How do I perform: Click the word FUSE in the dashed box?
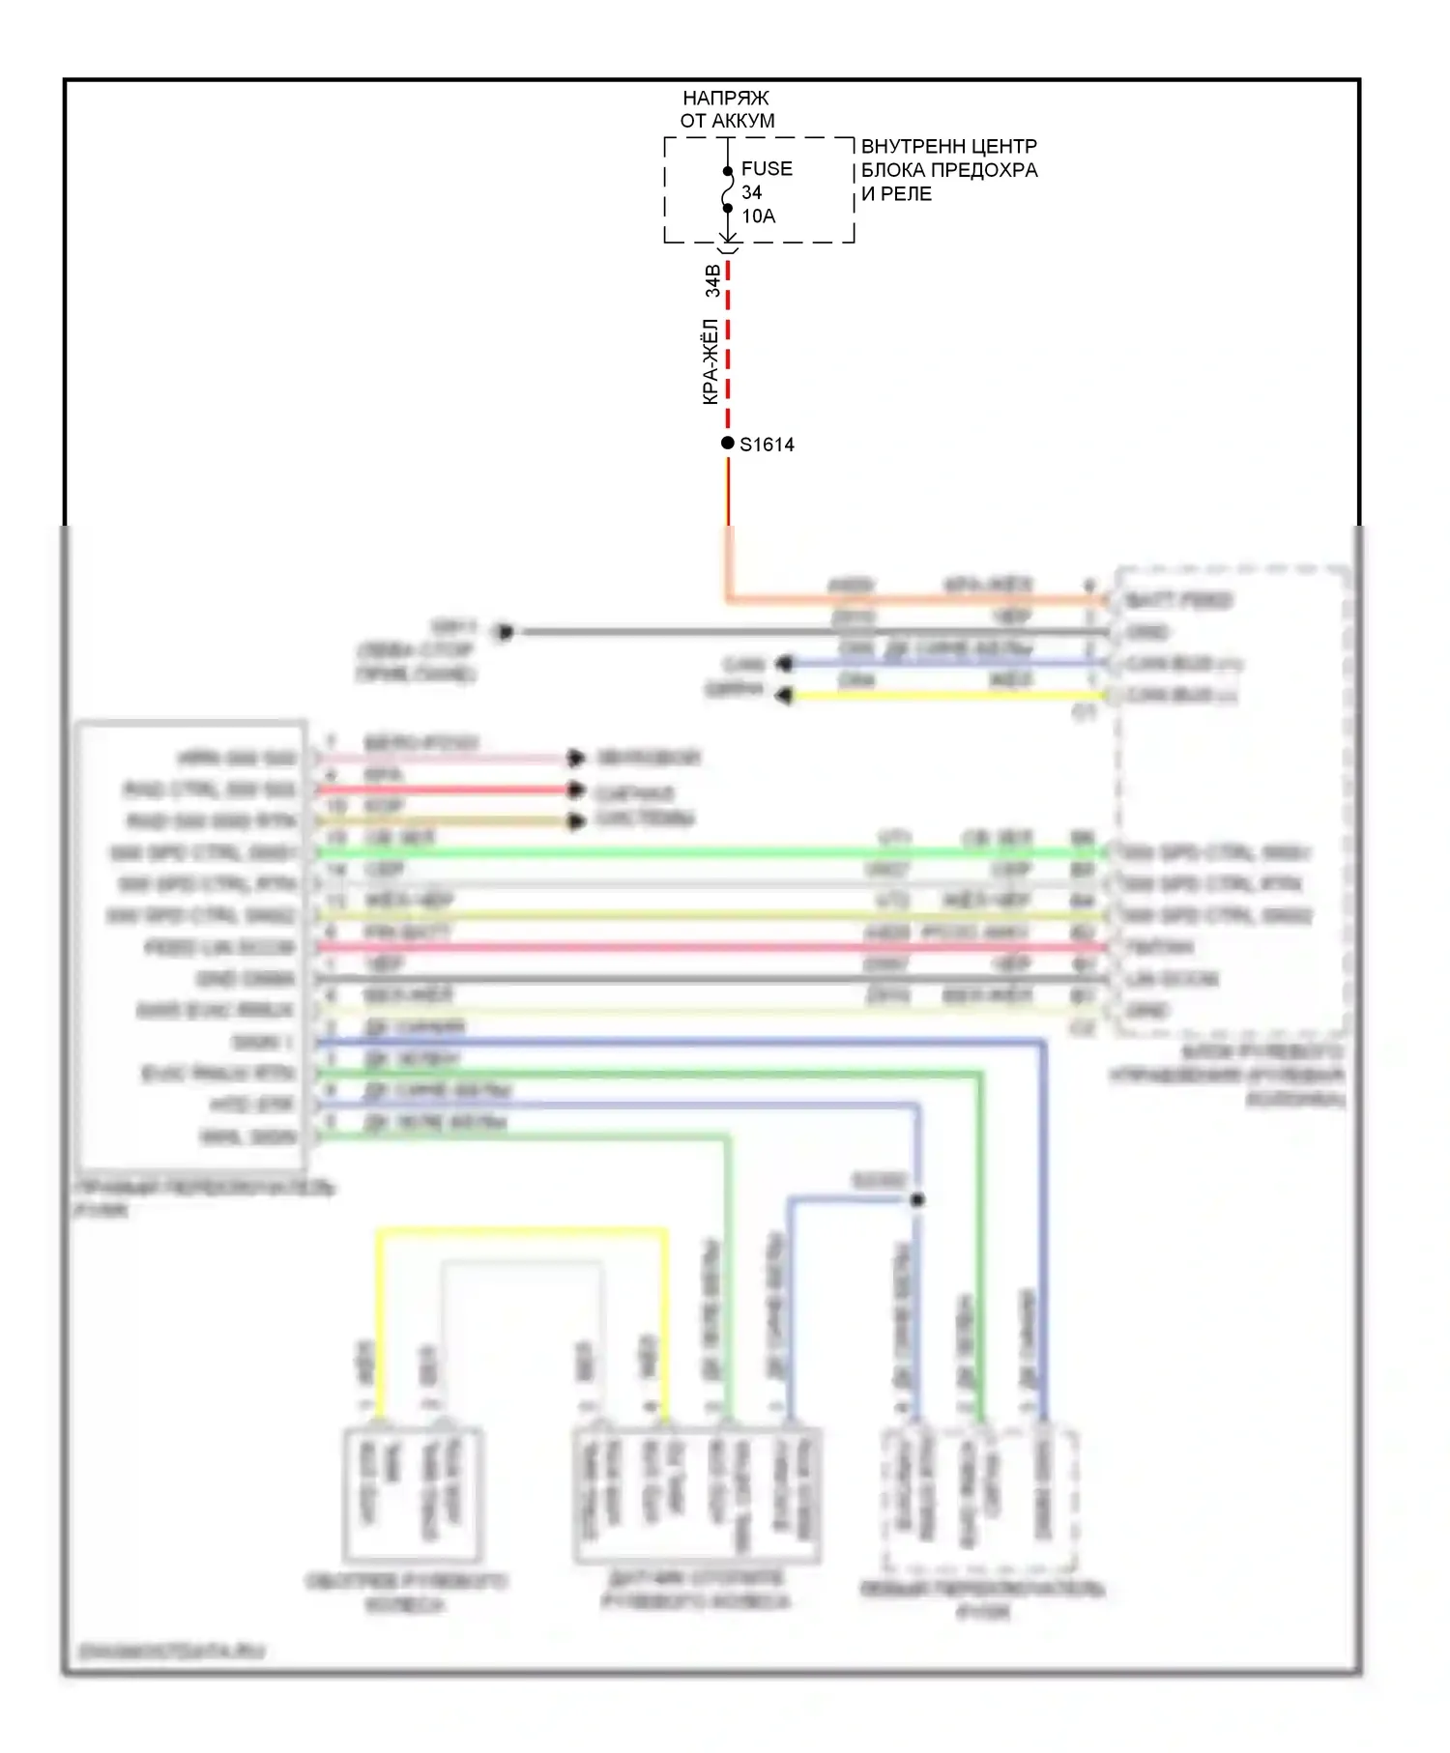[x=767, y=169]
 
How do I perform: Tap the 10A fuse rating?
[x=759, y=216]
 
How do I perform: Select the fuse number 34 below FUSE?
[x=751, y=193]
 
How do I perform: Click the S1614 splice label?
[x=767, y=445]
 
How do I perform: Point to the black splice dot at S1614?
[x=728, y=443]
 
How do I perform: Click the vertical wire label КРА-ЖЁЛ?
[x=710, y=361]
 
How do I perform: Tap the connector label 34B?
[x=712, y=280]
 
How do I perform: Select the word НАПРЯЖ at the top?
[x=726, y=99]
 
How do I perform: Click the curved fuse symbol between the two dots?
[x=727, y=189]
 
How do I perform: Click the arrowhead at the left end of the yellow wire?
[x=784, y=695]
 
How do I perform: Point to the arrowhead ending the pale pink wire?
[x=576, y=758]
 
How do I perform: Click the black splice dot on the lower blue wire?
[x=917, y=1199]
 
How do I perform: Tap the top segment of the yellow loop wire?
[x=522, y=1231]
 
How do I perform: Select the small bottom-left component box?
[x=413, y=1493]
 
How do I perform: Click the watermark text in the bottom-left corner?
[x=171, y=1651]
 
